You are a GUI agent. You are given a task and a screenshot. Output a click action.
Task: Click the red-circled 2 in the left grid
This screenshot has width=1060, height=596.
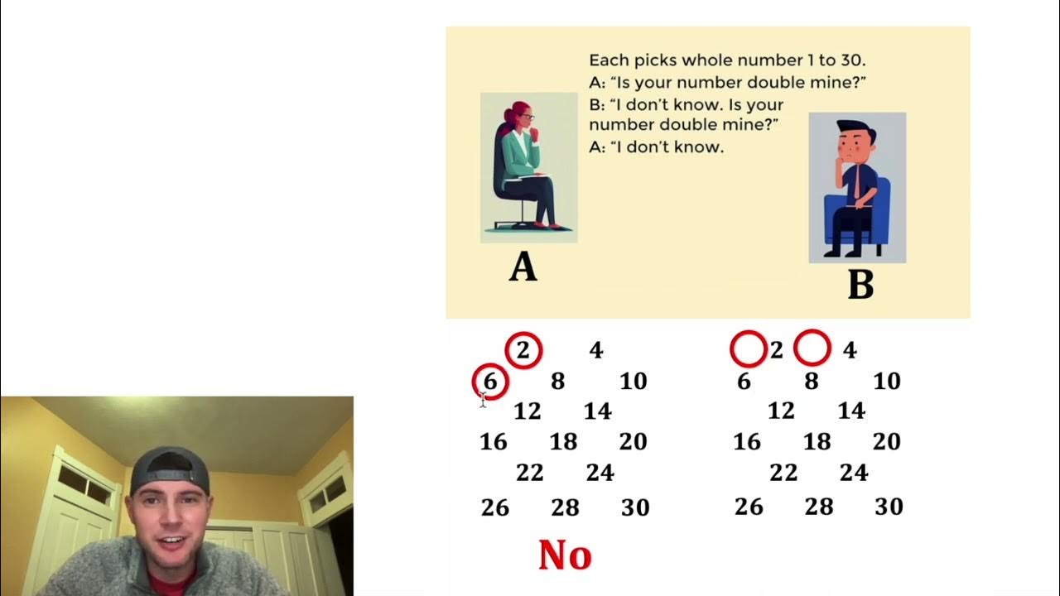point(523,350)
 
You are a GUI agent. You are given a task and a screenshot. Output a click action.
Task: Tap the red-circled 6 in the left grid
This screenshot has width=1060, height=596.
point(490,382)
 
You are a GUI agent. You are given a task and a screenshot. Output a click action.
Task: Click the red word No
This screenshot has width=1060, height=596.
point(565,555)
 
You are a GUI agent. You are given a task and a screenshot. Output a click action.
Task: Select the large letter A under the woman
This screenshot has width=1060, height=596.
point(523,267)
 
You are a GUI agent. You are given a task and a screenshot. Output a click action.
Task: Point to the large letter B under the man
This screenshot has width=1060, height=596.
point(860,285)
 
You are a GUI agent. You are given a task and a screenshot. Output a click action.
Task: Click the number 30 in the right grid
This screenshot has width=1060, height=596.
point(889,507)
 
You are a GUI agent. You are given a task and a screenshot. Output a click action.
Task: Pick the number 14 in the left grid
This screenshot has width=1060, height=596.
point(597,411)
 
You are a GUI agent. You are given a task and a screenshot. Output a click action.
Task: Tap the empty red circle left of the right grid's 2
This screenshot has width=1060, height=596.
point(748,349)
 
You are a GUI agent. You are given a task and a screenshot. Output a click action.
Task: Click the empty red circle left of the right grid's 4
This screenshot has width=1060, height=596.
point(812,348)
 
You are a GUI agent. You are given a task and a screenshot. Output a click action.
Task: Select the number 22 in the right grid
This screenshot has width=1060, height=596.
point(783,473)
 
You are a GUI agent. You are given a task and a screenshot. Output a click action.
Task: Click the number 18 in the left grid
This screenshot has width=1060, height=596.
point(563,442)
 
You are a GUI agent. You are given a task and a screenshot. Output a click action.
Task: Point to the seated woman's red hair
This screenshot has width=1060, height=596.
point(520,111)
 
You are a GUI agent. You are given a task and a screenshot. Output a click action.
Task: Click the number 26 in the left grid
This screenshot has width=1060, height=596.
point(495,507)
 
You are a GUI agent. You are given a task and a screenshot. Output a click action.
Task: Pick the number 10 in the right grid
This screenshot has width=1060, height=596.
point(886,382)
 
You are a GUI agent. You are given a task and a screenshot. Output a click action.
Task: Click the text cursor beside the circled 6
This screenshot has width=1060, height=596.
point(483,401)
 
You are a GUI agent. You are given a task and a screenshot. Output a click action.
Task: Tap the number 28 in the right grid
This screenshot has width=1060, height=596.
point(818,507)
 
